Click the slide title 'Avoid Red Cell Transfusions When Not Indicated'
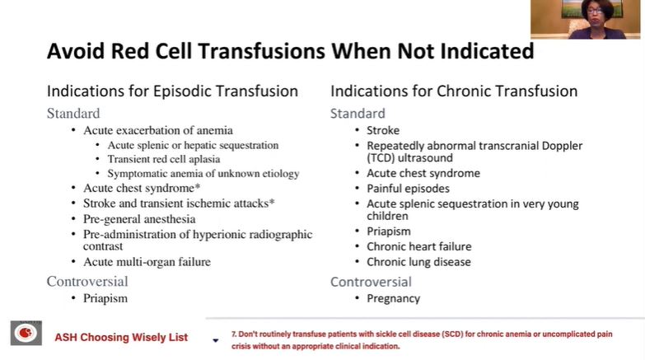[x=290, y=51]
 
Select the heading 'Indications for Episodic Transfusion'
[x=172, y=91]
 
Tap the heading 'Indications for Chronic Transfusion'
[x=454, y=91]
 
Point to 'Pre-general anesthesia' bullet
[x=139, y=219]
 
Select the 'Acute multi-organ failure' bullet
[x=147, y=262]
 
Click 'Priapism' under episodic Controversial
[x=105, y=298]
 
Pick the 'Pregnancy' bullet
[x=393, y=298]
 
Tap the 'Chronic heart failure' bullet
[x=418, y=246]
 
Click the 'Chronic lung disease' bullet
[x=418, y=262]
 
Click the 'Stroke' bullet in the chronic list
[x=383, y=130]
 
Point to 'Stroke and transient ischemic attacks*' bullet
[x=179, y=203]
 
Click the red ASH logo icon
[x=26, y=334]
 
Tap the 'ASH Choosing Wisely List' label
[x=121, y=338]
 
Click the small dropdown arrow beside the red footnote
[x=215, y=340]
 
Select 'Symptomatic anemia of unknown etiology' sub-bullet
[x=203, y=174]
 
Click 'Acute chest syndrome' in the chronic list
[x=423, y=174]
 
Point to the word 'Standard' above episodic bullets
[x=73, y=114]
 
